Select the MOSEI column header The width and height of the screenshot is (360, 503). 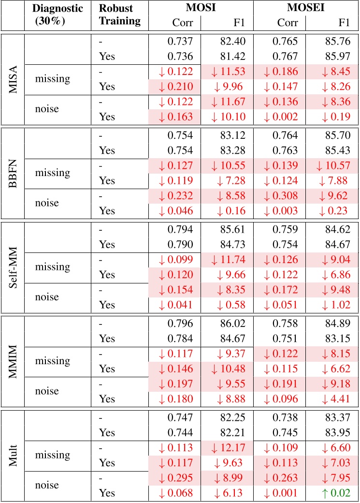303,9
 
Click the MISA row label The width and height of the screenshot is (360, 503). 13,79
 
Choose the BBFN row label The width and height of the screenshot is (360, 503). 13,173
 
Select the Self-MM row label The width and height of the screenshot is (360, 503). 13,266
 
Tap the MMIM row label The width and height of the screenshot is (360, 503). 13,360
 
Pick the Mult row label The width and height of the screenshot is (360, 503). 13,455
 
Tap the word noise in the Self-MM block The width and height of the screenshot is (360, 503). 46,297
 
